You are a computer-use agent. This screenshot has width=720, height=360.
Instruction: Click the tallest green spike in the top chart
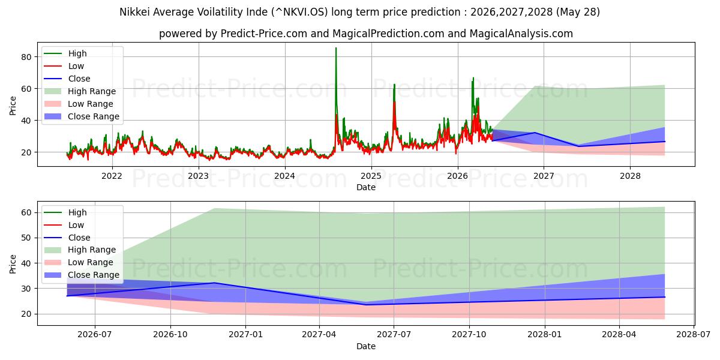[336, 48]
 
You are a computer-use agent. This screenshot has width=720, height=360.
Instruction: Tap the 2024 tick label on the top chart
[285, 176]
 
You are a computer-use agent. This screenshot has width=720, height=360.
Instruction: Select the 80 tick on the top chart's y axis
[26, 57]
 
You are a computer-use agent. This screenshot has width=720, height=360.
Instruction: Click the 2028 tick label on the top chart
[630, 176]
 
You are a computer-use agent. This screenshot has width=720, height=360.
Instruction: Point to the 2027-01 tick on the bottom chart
[245, 335]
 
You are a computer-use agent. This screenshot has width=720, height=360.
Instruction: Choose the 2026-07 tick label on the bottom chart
[95, 335]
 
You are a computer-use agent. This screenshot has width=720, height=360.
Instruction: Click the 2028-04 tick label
[619, 335]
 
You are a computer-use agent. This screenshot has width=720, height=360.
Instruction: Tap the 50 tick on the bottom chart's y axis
[26, 238]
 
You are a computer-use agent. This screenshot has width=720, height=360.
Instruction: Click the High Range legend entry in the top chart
[80, 91]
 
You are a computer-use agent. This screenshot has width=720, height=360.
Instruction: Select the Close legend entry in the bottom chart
[67, 238]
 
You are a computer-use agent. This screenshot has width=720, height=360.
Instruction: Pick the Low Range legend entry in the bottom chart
[79, 262]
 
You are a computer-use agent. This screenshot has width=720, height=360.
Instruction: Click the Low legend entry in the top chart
[64, 66]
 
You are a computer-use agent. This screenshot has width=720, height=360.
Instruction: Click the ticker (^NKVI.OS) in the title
[300, 12]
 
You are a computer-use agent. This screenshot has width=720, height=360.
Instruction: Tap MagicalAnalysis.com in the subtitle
[521, 34]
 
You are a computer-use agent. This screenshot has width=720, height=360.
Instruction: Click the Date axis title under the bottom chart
[366, 346]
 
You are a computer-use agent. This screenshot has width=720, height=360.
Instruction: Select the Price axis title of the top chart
[13, 106]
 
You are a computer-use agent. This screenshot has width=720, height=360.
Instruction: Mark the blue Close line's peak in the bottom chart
[214, 283]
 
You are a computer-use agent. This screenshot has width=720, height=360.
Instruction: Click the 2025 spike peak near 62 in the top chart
[394, 85]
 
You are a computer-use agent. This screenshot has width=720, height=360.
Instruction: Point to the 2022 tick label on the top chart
[112, 176]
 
